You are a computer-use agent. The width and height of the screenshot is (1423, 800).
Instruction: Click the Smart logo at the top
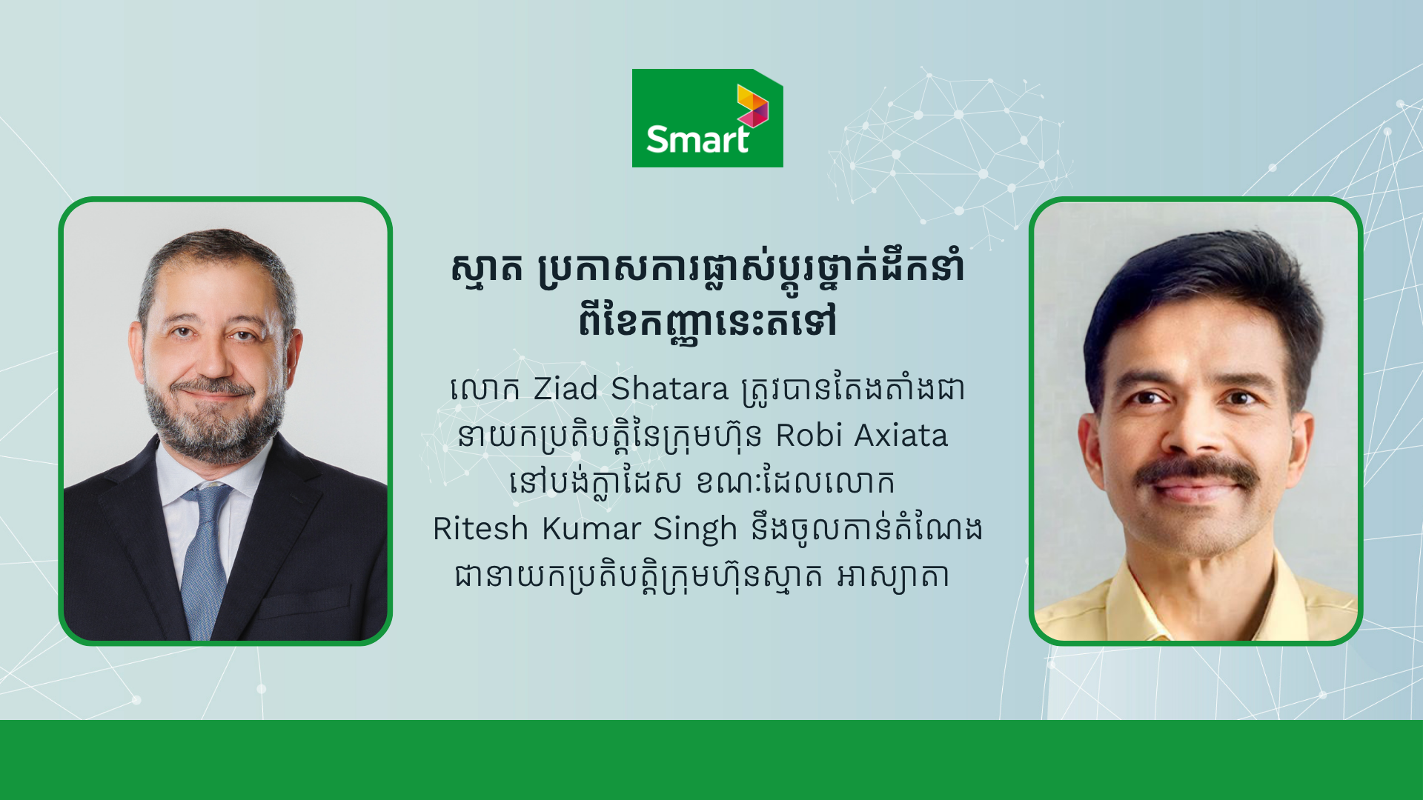tap(707, 118)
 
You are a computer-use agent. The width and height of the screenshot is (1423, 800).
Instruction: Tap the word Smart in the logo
tap(697, 139)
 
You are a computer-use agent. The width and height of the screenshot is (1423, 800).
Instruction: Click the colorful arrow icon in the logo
tap(752, 105)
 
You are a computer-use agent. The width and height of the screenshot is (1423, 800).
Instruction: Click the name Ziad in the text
tap(565, 389)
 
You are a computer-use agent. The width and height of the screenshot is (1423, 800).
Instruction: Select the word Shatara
tap(670, 389)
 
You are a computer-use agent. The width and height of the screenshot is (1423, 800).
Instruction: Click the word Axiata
tap(901, 436)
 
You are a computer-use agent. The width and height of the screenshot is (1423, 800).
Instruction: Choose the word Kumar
tap(591, 529)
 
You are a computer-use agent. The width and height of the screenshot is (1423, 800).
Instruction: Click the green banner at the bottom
tap(711, 760)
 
